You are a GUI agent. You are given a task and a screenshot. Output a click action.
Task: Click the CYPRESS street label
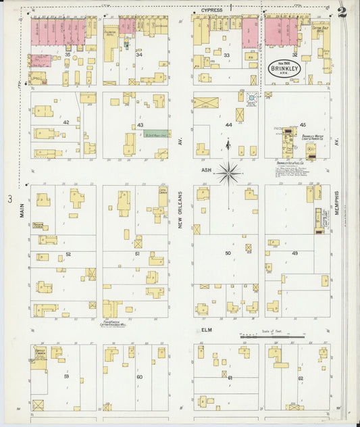(x=211, y=11)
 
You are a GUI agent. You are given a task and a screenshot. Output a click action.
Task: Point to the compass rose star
(x=229, y=173)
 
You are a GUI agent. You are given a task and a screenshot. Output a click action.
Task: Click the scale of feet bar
(x=268, y=336)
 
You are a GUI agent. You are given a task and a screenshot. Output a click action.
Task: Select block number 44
(x=228, y=125)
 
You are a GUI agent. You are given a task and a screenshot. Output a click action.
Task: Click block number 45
(x=303, y=125)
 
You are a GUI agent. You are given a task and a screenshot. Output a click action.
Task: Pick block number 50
(x=228, y=253)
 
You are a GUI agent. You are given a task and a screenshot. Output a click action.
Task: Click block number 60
(x=140, y=376)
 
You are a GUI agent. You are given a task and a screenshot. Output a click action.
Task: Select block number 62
(x=301, y=378)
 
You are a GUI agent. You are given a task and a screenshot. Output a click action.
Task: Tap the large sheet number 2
(x=343, y=11)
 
